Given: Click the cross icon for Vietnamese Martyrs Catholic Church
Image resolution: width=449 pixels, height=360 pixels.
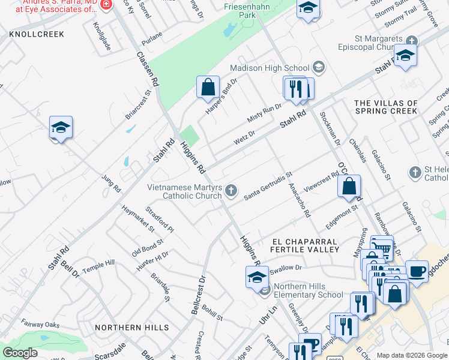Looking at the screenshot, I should (x=232, y=191).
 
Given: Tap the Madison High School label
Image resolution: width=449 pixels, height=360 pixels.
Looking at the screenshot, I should (x=269, y=68).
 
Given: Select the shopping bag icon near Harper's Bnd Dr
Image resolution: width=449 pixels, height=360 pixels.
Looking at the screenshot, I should (x=207, y=87).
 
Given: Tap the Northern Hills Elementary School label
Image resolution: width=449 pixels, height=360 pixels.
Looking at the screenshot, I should (x=309, y=290).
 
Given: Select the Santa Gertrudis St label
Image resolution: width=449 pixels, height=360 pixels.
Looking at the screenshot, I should (x=268, y=187).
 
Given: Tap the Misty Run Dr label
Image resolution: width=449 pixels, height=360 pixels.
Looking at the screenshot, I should (x=264, y=111).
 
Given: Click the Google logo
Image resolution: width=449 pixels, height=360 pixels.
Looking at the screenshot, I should (x=20, y=353).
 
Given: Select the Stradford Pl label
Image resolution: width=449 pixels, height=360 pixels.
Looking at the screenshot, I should (x=160, y=220).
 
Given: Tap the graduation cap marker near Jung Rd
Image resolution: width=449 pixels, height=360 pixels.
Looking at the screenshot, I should (x=61, y=127).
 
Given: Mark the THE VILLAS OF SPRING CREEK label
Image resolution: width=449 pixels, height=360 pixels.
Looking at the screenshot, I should (x=386, y=107).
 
